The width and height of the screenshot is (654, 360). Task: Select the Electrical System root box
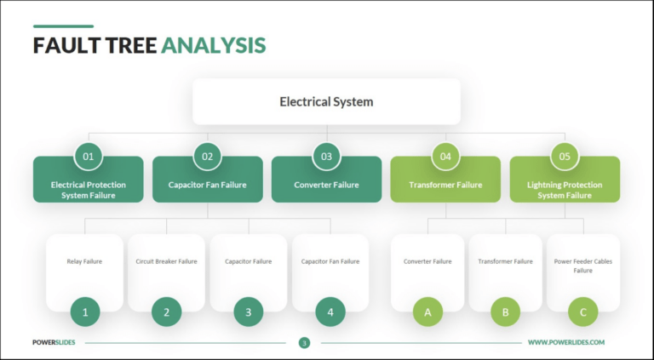[x=326, y=102]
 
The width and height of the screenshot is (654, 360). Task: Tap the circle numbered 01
[x=88, y=156]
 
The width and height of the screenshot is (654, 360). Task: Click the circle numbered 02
[x=207, y=156]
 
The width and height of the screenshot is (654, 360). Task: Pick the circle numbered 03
[x=326, y=156]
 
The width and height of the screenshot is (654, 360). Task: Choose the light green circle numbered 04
[x=445, y=156]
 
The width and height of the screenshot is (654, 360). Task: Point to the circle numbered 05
[x=565, y=156]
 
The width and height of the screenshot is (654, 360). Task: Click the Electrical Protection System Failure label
[x=88, y=190]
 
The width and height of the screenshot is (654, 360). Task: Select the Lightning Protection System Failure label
[x=565, y=190]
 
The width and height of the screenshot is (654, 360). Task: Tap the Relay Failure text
[x=84, y=261]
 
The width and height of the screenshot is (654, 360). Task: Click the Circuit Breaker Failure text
[x=166, y=261]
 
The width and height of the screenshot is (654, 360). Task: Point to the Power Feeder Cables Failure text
[x=582, y=266]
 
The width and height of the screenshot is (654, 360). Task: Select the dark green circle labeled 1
[x=85, y=312]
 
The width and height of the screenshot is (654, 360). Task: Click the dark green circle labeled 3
[x=249, y=312]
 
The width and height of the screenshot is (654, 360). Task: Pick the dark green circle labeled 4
[x=330, y=312]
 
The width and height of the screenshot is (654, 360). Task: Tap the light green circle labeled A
[x=427, y=312]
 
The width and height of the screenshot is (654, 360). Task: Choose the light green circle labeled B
[x=505, y=312]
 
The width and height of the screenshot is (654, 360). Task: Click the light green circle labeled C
[x=582, y=312]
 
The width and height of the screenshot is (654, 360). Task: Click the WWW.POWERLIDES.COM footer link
[x=565, y=342]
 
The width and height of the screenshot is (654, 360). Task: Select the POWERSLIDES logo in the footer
[x=55, y=342]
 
